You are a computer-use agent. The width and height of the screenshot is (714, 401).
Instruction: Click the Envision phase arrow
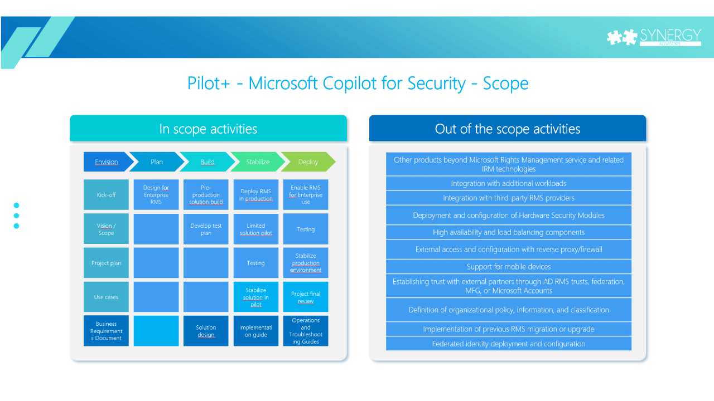point(107,162)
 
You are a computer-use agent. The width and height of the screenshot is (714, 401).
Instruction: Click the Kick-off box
point(106,195)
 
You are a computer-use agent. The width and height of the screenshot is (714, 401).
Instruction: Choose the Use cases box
point(106,297)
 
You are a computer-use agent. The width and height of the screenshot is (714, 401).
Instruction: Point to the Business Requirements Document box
point(106,331)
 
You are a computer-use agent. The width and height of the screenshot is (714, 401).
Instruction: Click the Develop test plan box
point(206,229)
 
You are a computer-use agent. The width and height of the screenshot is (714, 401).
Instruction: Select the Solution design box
point(206,331)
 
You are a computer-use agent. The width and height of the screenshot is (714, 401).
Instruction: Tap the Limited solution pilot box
point(256,229)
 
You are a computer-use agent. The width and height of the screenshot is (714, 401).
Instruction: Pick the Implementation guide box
point(256,331)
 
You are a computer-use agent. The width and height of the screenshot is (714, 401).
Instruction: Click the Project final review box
point(306,297)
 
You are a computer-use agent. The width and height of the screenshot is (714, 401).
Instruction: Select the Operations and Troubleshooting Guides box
point(306,331)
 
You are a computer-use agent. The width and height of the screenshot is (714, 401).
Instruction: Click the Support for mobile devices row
point(509,267)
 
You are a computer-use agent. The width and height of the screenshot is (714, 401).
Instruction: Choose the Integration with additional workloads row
point(509,183)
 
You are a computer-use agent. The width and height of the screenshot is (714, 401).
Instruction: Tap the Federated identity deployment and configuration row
point(509,344)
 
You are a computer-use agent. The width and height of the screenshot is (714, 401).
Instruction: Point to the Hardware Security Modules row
point(509,215)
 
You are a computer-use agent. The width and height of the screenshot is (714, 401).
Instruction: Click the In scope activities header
point(208,129)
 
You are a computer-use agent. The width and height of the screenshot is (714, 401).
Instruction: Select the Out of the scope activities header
point(508,129)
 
